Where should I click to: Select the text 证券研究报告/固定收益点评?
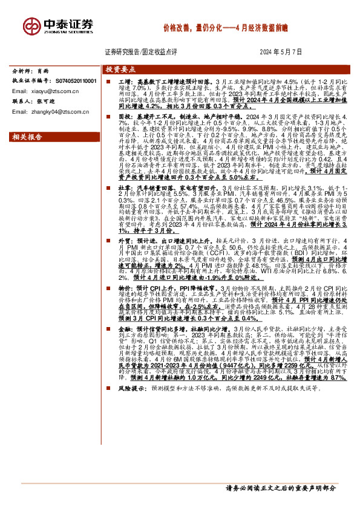(136, 53)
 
